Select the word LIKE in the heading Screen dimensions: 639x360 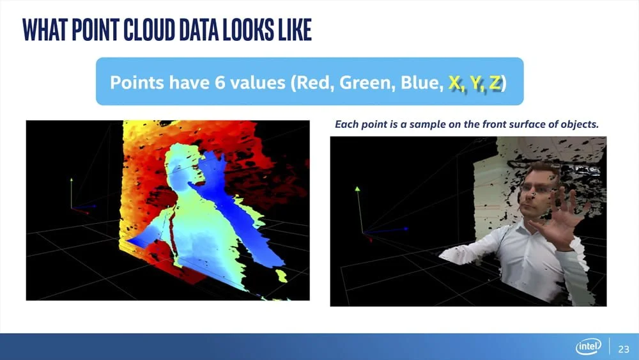pos(295,29)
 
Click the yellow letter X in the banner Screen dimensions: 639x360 pos(454,82)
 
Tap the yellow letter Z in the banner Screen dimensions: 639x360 pos(495,82)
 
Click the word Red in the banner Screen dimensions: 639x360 pos(314,82)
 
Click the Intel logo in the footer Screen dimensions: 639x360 pos(588,347)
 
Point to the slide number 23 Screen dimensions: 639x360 pos(624,349)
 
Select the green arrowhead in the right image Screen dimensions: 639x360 pos(357,189)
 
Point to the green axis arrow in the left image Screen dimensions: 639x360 pos(72,193)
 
